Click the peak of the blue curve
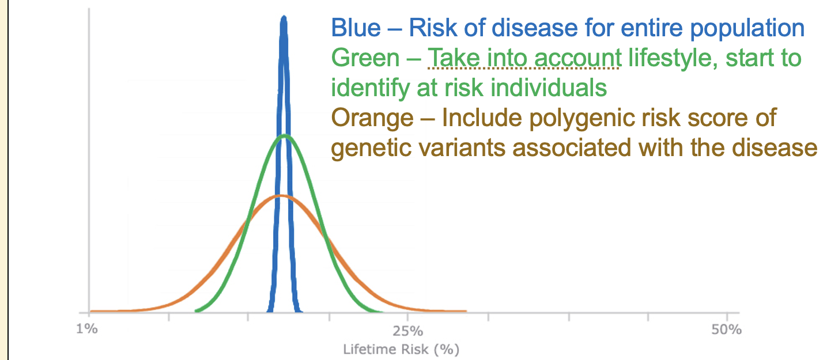283,18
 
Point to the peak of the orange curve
280,196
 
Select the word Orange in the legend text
372,118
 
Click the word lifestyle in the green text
669,58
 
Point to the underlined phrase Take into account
523,58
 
